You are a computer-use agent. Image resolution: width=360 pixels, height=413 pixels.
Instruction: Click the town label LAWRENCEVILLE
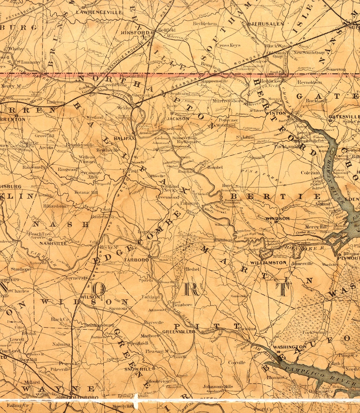(x=99, y=12)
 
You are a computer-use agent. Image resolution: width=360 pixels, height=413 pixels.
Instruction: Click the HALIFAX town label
(x=124, y=138)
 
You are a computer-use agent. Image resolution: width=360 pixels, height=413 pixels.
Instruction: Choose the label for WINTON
(x=275, y=113)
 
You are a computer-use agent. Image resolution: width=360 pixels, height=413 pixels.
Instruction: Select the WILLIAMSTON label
(x=268, y=263)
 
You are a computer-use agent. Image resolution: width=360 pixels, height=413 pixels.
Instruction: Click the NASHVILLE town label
(x=53, y=243)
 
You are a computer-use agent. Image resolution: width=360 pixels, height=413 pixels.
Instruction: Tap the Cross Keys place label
(x=228, y=45)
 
